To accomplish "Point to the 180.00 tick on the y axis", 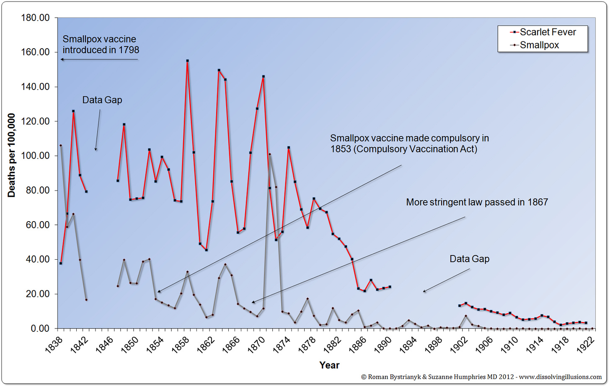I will coord(35,18).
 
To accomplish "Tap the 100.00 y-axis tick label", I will coord(35,156).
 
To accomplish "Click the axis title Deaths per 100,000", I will coord(11,155).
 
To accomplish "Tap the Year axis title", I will coord(329,365).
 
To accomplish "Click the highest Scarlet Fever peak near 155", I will coord(187,61).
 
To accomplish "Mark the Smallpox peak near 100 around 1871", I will coord(270,154).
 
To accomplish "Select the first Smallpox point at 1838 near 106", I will coord(61,145).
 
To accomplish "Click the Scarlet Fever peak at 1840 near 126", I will coord(73,111).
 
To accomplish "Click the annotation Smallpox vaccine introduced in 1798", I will coord(101,44).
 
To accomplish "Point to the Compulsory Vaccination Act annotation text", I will coord(409,144).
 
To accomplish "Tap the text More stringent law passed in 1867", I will coord(477,202).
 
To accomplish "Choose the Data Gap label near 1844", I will coord(102,100).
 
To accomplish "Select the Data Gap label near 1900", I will coord(469,259).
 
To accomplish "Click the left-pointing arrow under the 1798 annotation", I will coord(99,59).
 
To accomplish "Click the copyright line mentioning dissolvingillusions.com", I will coord(481,377).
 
